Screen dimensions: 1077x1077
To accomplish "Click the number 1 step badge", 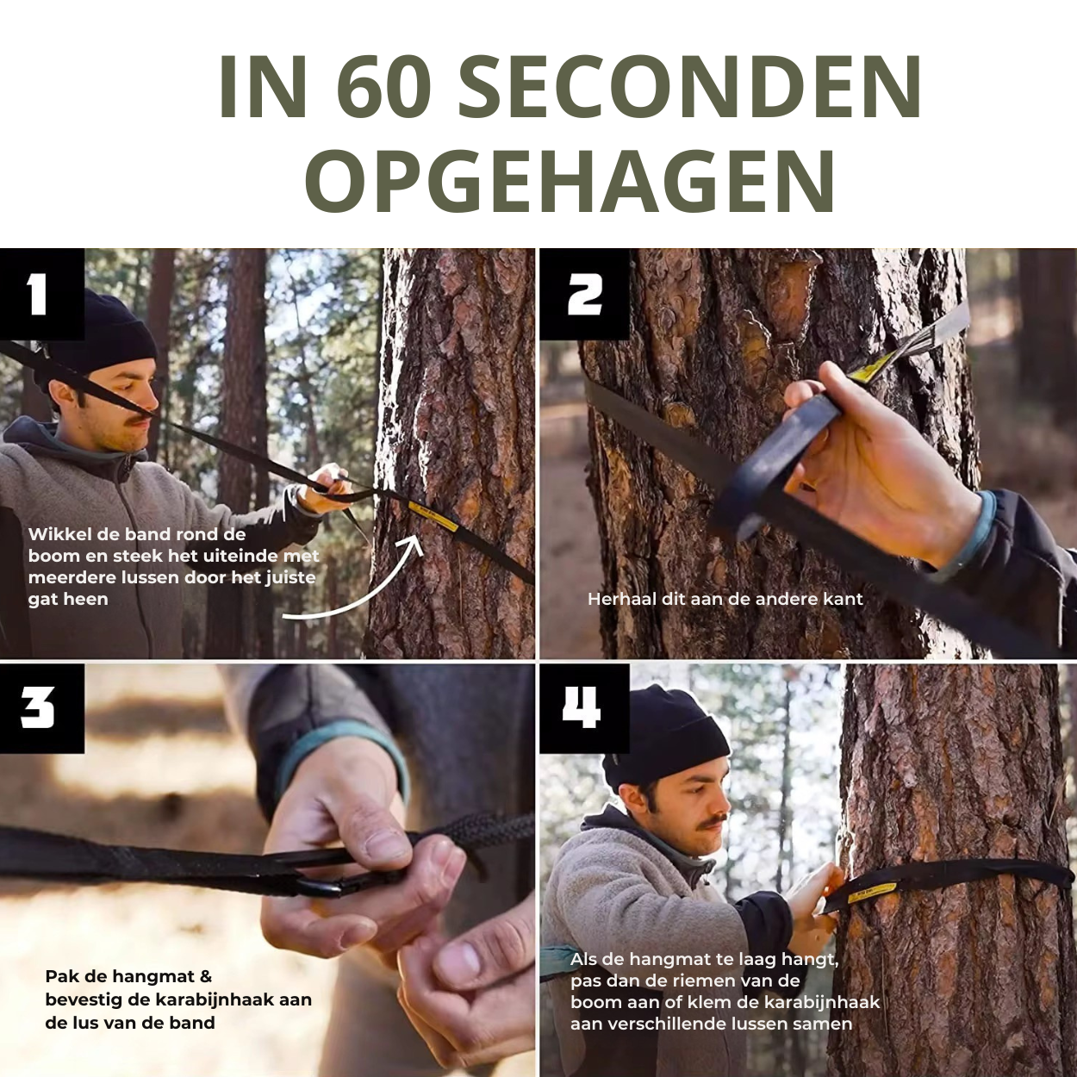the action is (x=42, y=294).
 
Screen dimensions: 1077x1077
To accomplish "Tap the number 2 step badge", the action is (x=584, y=294).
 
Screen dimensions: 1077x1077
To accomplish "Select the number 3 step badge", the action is (x=42, y=709).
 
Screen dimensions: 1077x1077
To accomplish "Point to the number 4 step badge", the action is (x=584, y=709).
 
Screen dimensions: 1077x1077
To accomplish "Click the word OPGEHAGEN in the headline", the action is (x=570, y=181).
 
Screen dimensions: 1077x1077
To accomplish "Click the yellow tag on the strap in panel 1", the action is (x=433, y=516).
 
